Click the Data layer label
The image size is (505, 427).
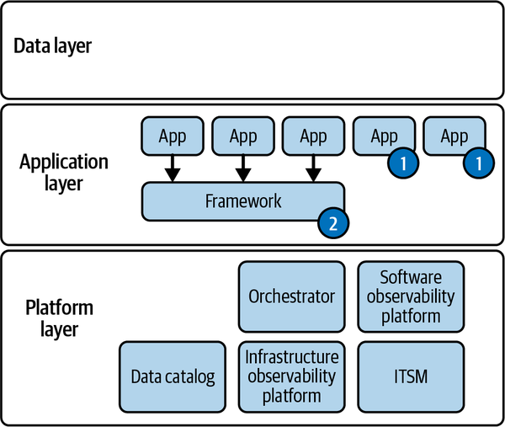click(x=52, y=45)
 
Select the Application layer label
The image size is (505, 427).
click(x=64, y=172)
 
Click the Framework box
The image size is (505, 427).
click(x=242, y=201)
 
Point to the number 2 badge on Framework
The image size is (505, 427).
click(x=332, y=223)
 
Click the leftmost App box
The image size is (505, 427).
click(x=172, y=136)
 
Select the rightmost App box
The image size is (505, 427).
click(x=454, y=136)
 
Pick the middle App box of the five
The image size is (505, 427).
click(x=313, y=136)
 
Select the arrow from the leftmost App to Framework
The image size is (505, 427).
click(x=172, y=168)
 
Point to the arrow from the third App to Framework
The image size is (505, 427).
click(x=313, y=168)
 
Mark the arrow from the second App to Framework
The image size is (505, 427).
click(x=242, y=168)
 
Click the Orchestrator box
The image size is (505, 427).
click(x=291, y=296)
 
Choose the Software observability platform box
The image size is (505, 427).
click(x=411, y=296)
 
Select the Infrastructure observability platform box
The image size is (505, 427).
click(x=291, y=376)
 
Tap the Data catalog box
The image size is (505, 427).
click(x=172, y=376)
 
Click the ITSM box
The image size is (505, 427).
click(x=411, y=376)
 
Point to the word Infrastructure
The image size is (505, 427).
click(x=291, y=356)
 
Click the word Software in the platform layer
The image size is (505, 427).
click(x=411, y=277)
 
